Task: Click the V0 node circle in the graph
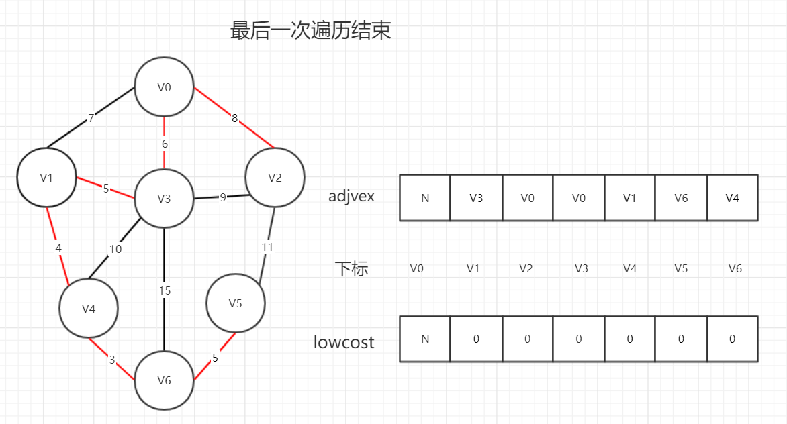point(165,87)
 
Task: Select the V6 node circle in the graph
point(165,381)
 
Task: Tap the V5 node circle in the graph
point(235,303)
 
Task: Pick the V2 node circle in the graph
point(275,178)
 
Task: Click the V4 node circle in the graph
point(89,309)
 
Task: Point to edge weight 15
point(165,291)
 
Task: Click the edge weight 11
point(268,247)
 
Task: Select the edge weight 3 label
point(112,360)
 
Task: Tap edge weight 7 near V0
point(91,119)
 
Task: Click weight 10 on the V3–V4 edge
point(115,250)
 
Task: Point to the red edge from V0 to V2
point(222,109)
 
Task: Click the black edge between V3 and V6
point(165,322)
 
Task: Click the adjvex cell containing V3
point(476,198)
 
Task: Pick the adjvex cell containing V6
point(681,198)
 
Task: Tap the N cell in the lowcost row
point(425,339)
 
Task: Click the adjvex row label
point(351,197)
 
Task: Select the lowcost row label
point(344,342)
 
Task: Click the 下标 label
point(351,269)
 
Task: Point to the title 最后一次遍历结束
point(310,32)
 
